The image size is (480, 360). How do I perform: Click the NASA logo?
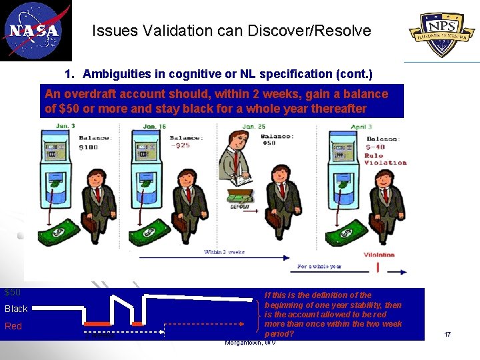(35, 31)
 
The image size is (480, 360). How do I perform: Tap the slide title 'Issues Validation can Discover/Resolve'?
(231, 31)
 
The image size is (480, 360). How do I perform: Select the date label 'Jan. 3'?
(65, 125)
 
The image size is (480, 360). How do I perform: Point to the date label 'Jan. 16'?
(154, 127)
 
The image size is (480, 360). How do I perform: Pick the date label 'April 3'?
(360, 126)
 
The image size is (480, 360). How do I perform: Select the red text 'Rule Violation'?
(385, 159)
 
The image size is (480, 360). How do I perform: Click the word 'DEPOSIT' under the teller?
(239, 207)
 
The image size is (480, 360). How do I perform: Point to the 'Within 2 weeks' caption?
(224, 252)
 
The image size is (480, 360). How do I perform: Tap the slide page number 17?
(447, 333)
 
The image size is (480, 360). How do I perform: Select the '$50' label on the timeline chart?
(13, 292)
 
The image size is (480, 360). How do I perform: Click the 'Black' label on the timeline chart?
(16, 309)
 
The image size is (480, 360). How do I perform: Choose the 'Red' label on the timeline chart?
(13, 326)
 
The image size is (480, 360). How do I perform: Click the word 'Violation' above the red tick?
(380, 254)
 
